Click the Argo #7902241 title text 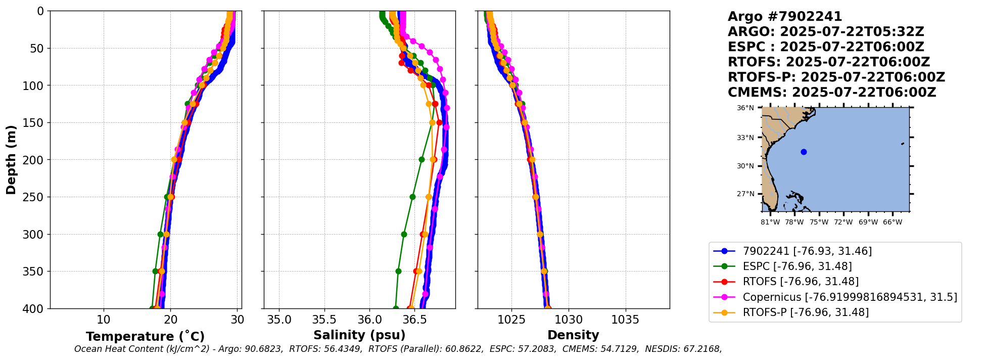tap(785, 17)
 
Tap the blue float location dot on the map tap(804, 152)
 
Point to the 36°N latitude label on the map tap(745, 108)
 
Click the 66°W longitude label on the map tap(893, 222)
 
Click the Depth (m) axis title tap(11, 159)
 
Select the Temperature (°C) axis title tap(145, 336)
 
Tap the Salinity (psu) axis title tap(359, 335)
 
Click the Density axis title tap(573, 335)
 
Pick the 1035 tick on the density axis tap(626, 320)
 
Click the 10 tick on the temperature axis tap(104, 320)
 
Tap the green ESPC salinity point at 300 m tap(404, 234)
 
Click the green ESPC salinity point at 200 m tap(421, 159)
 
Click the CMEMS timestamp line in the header tap(832, 93)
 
